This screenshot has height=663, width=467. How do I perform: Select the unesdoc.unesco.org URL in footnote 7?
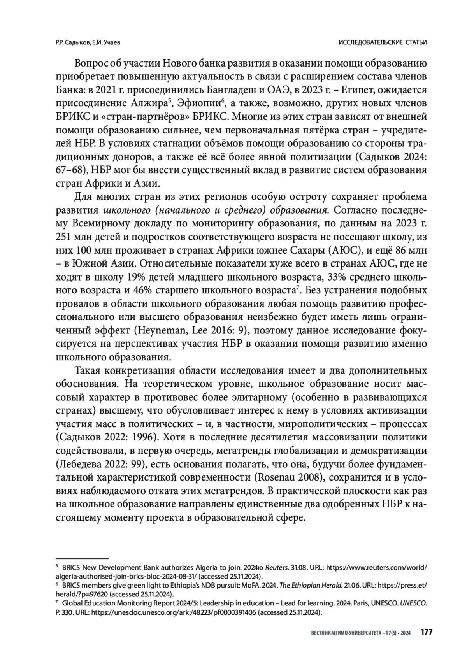[x=175, y=612]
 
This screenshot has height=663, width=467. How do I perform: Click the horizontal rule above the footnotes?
[x=82, y=558]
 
